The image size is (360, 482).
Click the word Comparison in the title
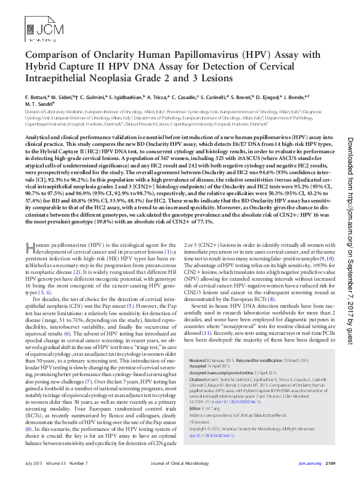52,55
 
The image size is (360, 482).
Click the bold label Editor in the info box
196,409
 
